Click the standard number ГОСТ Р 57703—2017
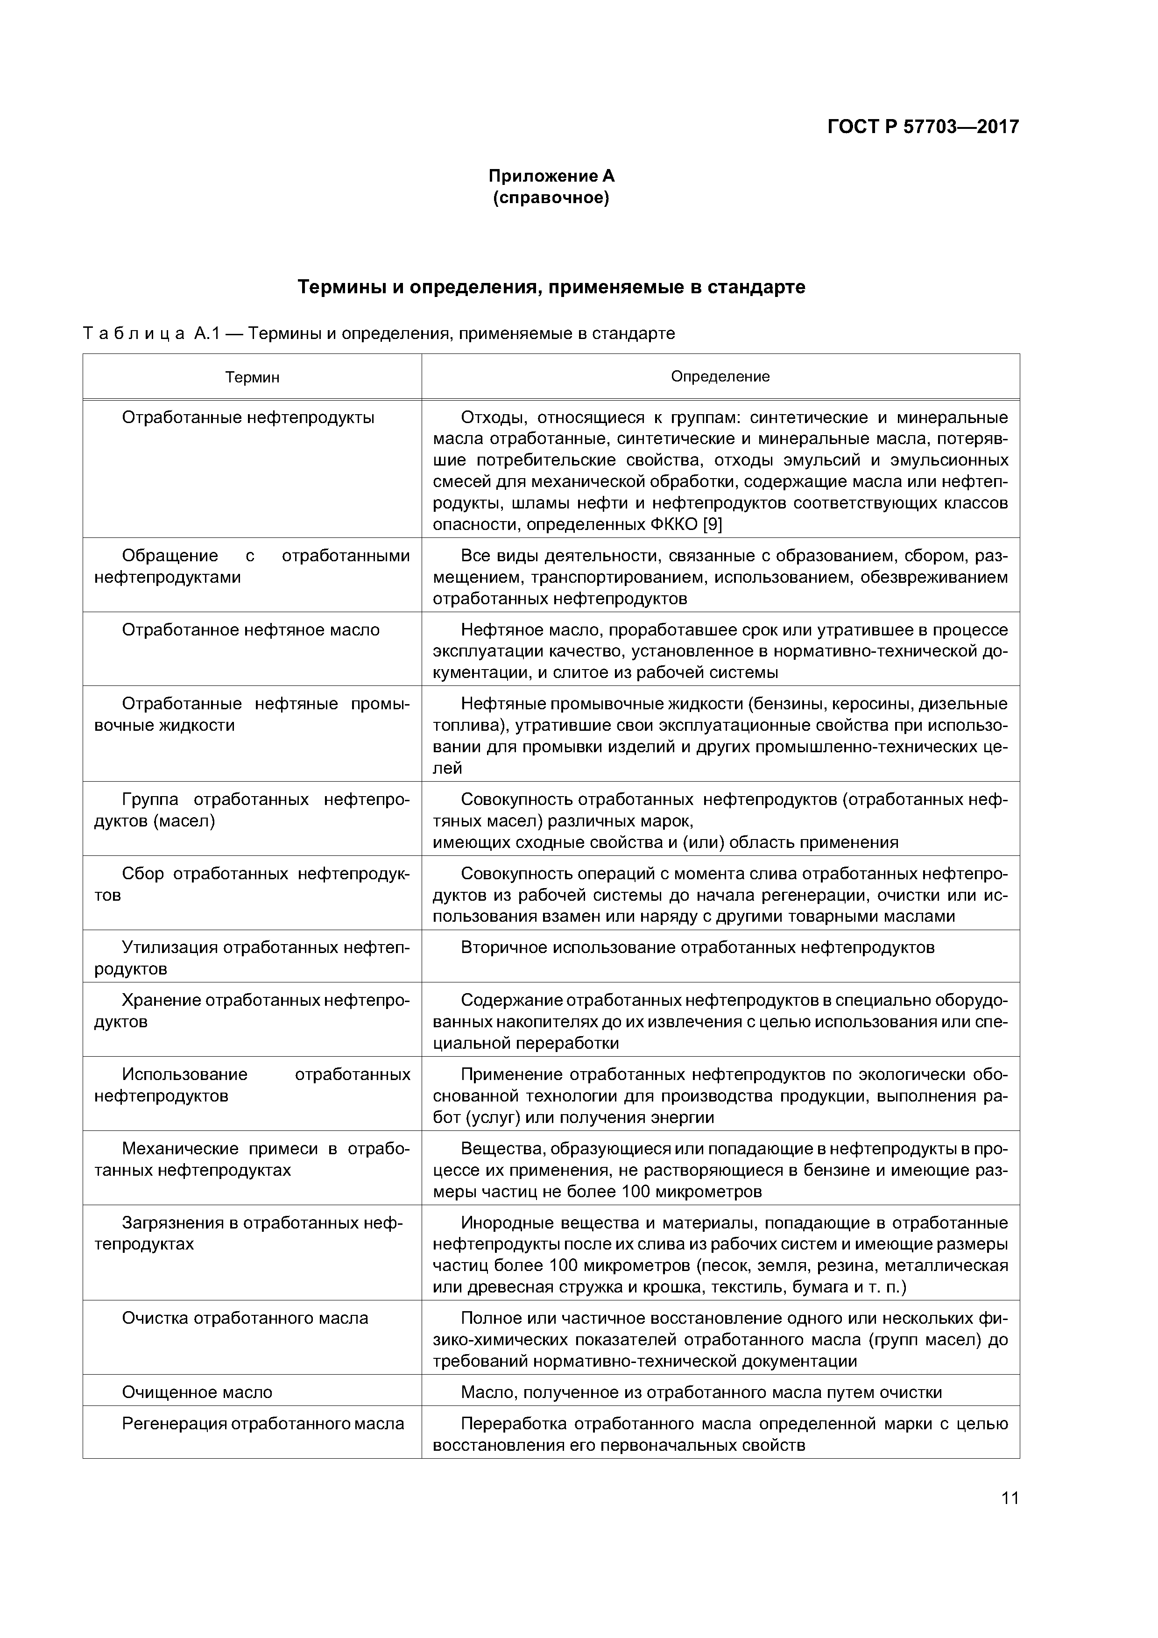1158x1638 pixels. (x=923, y=127)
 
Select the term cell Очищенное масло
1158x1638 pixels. (x=197, y=1392)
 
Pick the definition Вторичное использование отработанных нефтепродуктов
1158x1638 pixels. (x=697, y=947)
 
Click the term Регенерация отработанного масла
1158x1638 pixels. (x=262, y=1423)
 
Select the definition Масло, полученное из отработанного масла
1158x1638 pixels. (x=701, y=1392)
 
